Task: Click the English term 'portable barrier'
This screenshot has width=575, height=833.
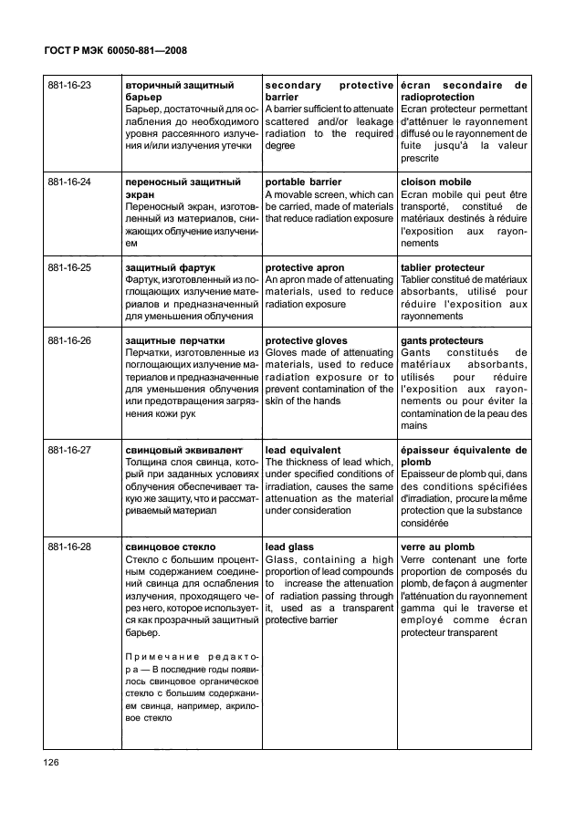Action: pos(303,182)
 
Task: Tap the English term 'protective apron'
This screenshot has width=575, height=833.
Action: pos(305,268)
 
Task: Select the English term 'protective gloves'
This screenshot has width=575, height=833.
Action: pos(306,341)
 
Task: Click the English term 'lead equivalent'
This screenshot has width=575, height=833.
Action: pos(303,451)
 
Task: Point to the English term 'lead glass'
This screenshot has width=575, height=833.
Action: pos(288,547)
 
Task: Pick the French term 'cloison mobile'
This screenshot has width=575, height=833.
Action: pos(436,182)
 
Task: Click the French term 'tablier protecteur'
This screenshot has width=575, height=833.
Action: pos(442,268)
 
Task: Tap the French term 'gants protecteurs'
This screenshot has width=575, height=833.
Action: pos(442,341)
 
